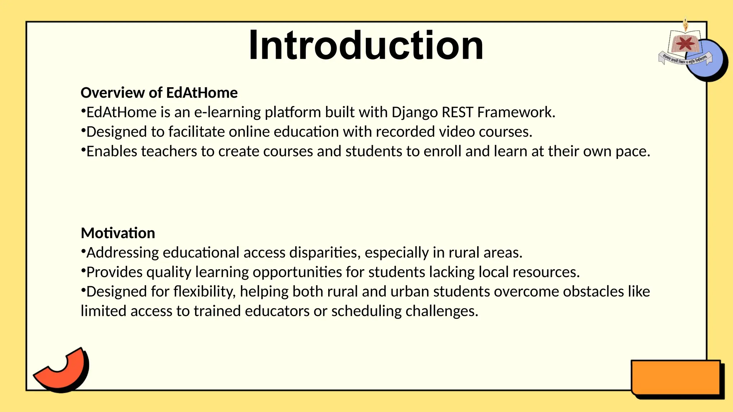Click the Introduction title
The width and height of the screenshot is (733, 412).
tap(366, 45)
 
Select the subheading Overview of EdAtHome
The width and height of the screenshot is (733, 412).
tap(159, 93)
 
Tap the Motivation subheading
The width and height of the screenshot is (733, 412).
tap(118, 233)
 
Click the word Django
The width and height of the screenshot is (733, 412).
tap(414, 113)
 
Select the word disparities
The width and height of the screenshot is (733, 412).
tap(323, 253)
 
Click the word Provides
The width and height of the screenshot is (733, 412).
tap(115, 272)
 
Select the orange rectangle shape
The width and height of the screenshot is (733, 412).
tap(675, 378)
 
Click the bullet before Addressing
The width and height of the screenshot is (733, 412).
tap(83, 251)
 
